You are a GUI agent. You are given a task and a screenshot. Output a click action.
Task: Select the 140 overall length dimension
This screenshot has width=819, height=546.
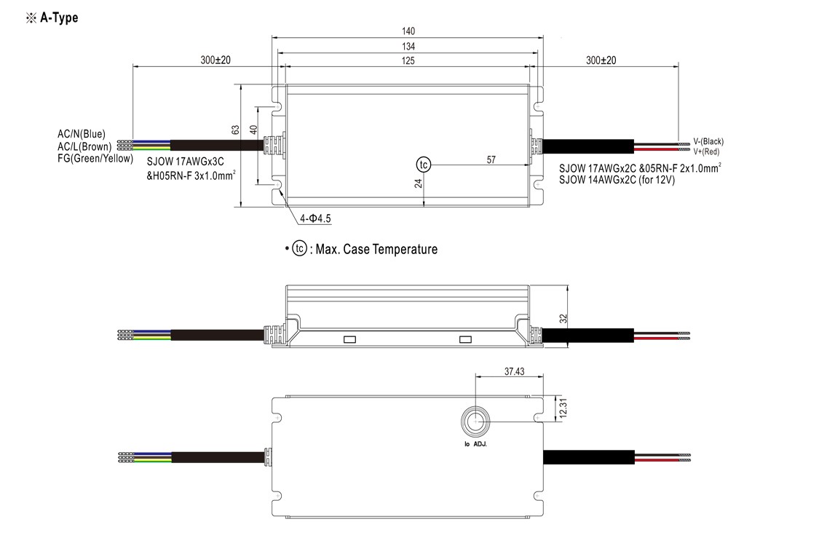pyautogui.click(x=408, y=31)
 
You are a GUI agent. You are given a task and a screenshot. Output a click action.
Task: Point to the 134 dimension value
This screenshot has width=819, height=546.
pyautogui.click(x=408, y=47)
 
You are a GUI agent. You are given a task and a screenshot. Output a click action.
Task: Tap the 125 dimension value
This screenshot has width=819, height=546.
pyautogui.click(x=408, y=61)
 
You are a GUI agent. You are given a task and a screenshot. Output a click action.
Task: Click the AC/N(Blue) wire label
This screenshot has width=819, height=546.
pyautogui.click(x=82, y=134)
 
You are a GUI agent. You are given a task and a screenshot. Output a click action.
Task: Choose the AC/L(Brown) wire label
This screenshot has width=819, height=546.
pyautogui.click(x=84, y=146)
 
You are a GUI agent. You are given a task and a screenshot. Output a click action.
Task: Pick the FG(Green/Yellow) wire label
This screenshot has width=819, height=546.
pyautogui.click(x=95, y=158)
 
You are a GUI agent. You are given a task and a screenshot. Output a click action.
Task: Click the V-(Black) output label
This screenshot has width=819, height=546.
pyautogui.click(x=708, y=141)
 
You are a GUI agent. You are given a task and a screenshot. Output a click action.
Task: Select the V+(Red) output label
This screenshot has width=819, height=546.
pyautogui.click(x=706, y=151)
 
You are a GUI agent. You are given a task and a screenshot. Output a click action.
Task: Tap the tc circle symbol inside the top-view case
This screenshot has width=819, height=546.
pyautogui.click(x=424, y=165)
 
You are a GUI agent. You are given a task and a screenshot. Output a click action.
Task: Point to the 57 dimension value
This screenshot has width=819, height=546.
pyautogui.click(x=491, y=159)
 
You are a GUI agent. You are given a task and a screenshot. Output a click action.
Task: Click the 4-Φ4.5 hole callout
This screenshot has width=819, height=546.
pyautogui.click(x=314, y=218)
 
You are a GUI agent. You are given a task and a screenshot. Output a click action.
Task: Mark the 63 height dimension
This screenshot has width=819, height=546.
pyautogui.click(x=235, y=130)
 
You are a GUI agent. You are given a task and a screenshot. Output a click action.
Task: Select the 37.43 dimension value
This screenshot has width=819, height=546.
pyautogui.click(x=515, y=371)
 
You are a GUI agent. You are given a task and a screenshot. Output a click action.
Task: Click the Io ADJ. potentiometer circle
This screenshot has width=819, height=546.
pyautogui.click(x=475, y=421)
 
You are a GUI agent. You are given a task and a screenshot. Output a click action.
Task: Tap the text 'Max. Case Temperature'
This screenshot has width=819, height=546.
pyautogui.click(x=376, y=250)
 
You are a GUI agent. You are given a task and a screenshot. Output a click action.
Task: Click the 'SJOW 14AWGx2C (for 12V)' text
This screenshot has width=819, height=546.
pyautogui.click(x=617, y=180)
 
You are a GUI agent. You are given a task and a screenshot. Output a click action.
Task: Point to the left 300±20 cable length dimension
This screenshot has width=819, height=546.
pyautogui.click(x=215, y=60)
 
